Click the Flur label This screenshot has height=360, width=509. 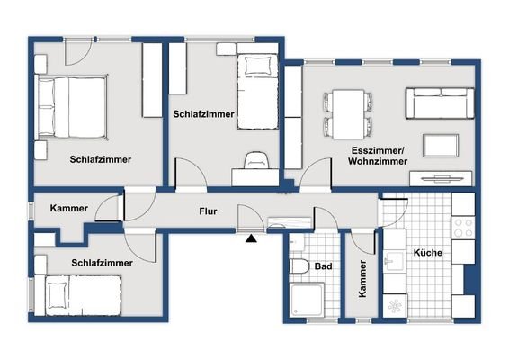click(x=208, y=211)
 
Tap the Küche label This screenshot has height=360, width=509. click(x=428, y=253)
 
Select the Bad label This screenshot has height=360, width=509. click(x=324, y=266)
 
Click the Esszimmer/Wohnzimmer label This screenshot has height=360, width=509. click(x=378, y=156)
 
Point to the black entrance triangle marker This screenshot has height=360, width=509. click(x=251, y=238)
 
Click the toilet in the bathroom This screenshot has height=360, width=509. click(x=299, y=266)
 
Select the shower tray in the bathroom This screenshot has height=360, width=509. click(x=307, y=299)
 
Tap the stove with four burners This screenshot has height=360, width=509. click(x=463, y=228)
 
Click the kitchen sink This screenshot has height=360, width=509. click(x=395, y=261)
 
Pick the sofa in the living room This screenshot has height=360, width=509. click(x=440, y=103)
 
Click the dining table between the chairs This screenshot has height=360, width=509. click(x=348, y=114)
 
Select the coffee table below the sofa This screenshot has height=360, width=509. click(x=441, y=146)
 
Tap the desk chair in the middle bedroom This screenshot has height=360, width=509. click(x=256, y=160)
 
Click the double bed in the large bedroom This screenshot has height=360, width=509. click(x=72, y=107)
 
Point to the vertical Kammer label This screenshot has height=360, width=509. click(x=362, y=278)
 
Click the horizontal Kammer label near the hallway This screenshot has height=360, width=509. click(x=69, y=208)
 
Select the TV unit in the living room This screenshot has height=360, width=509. click(x=441, y=178)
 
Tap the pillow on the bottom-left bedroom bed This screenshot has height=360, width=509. click(x=58, y=295)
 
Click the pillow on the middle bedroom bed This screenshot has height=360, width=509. click(x=258, y=66)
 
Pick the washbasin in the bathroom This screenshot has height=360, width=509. click(x=297, y=242)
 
